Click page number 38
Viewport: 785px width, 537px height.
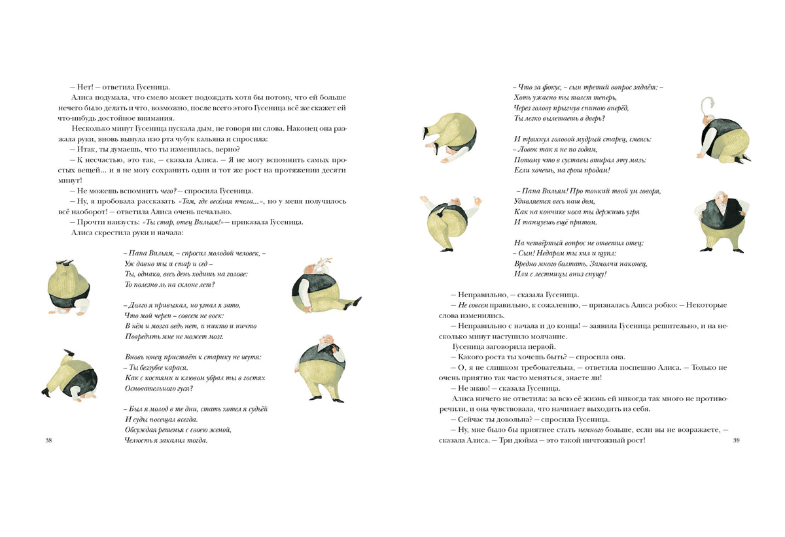tap(48, 441)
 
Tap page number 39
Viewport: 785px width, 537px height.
tap(736, 441)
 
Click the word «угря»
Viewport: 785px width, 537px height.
tap(630, 212)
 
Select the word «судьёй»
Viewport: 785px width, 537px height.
tap(255, 409)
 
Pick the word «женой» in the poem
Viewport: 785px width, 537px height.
tap(220, 430)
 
